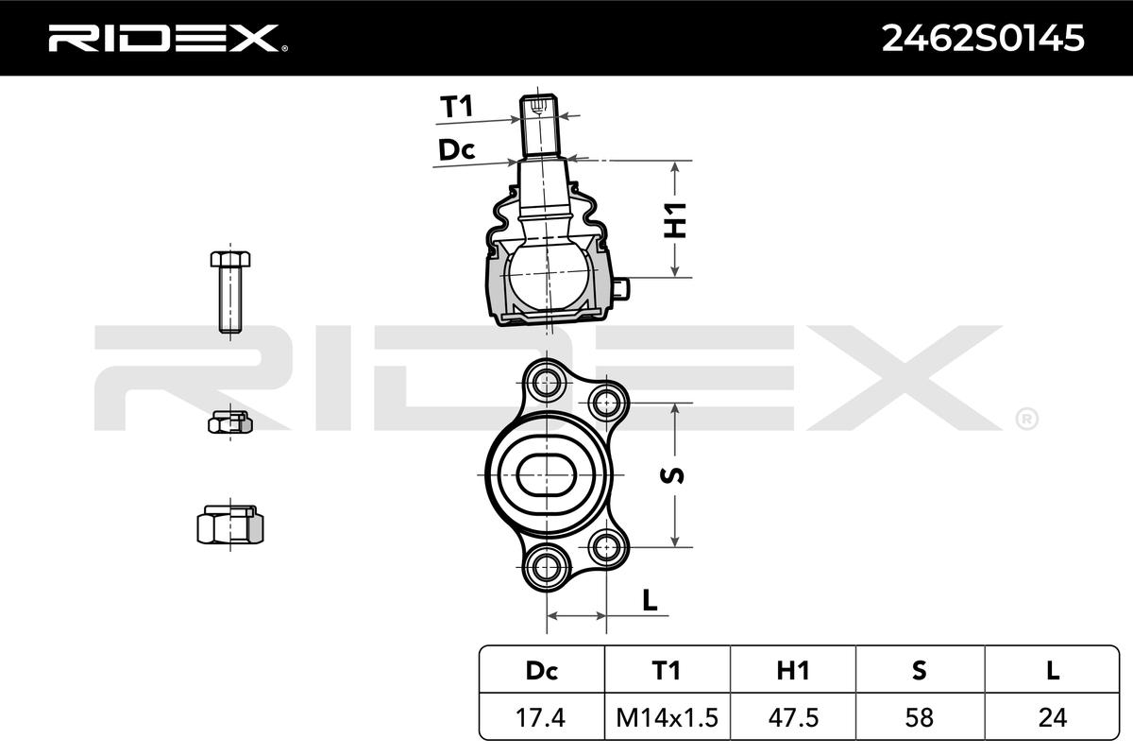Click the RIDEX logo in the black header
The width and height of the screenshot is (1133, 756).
(x=168, y=38)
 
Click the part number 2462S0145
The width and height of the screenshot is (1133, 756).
(x=983, y=39)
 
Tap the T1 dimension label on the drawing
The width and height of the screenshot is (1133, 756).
(x=456, y=107)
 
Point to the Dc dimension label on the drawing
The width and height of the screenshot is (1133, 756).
(x=456, y=150)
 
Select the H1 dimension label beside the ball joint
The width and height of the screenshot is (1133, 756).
(x=675, y=220)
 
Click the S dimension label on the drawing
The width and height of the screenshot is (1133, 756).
(x=672, y=475)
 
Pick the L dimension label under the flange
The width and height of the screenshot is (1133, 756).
(x=650, y=600)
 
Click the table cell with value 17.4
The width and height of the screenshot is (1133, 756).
(x=541, y=717)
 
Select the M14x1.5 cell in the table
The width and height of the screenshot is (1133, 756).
(x=668, y=717)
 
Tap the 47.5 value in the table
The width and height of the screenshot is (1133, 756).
(x=792, y=717)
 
